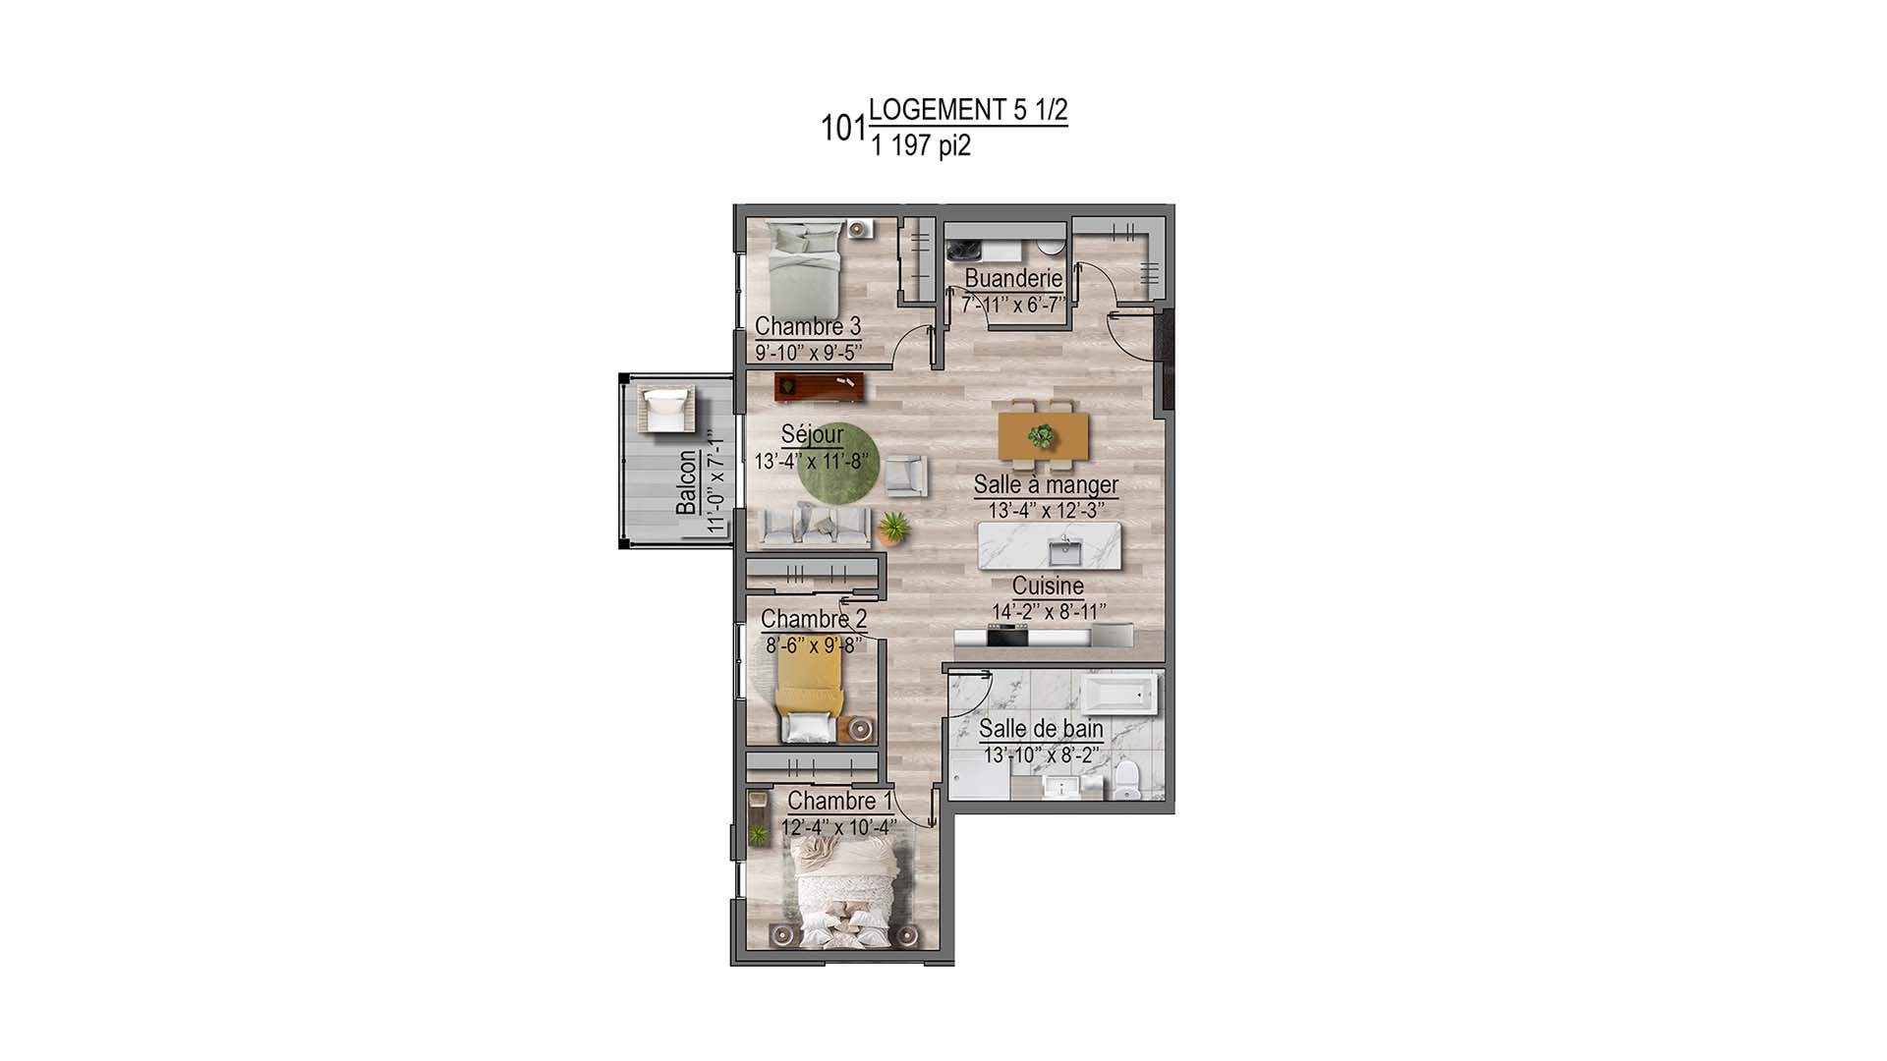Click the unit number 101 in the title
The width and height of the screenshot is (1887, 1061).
point(843,129)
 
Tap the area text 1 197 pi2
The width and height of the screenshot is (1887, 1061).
point(920,146)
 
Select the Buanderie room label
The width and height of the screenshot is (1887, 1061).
point(1013,279)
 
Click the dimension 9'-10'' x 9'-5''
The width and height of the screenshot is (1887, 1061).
point(809,351)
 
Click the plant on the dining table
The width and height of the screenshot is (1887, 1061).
point(1043,435)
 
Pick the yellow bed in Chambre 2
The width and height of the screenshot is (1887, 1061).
point(810,688)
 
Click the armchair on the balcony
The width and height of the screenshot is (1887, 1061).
point(666,410)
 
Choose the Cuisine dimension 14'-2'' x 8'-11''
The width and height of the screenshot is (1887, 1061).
point(1049,612)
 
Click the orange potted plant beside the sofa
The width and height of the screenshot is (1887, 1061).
point(893,529)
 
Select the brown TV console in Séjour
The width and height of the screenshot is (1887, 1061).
point(820,386)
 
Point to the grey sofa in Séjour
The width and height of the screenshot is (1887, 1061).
point(815,527)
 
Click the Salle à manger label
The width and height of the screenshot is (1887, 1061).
point(1046,484)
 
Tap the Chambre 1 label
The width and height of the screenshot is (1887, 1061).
point(840,801)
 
